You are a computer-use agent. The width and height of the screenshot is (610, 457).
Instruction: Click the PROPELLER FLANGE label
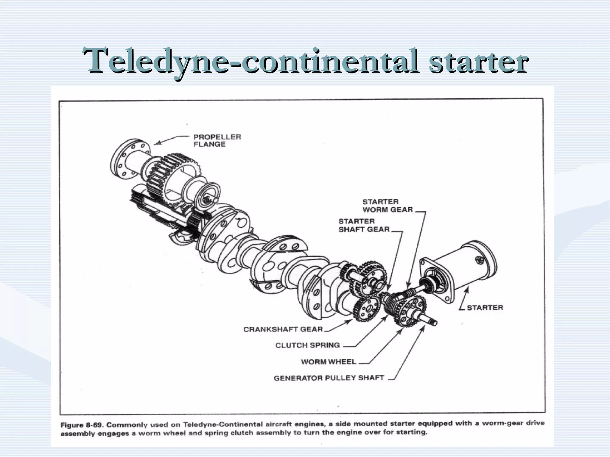[x=217, y=140]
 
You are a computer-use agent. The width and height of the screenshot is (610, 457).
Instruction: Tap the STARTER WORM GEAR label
[x=388, y=206]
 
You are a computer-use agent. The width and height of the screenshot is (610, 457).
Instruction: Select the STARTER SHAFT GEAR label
[x=364, y=225]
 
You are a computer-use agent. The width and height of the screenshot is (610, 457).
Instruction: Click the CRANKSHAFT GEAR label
[x=283, y=329]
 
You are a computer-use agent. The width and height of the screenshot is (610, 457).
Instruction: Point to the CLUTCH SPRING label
[x=307, y=345]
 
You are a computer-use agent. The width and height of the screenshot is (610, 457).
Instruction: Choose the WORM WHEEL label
[x=329, y=361]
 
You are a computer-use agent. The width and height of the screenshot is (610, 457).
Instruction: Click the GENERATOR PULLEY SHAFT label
[x=329, y=378]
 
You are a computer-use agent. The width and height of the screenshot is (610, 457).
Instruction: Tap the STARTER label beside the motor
[x=485, y=308]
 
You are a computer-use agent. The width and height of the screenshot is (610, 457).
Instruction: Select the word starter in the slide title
[x=478, y=61]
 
